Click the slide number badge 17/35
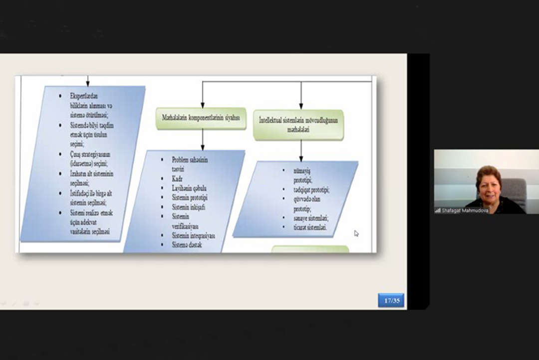pyautogui.click(x=391, y=301)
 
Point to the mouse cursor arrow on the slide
pyautogui.click(x=356, y=233)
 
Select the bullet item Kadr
pyautogui.click(x=178, y=178)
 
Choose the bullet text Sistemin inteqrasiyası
pyautogui.click(x=193, y=235)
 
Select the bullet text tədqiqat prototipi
pyautogui.click(x=311, y=190)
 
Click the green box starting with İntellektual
pyautogui.click(x=298, y=125)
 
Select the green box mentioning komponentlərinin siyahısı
pyautogui.click(x=201, y=118)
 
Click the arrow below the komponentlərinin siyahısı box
pyautogui.click(x=202, y=140)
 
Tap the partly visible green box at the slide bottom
pyautogui.click(x=310, y=249)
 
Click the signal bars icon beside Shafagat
pyautogui.click(x=438, y=211)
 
